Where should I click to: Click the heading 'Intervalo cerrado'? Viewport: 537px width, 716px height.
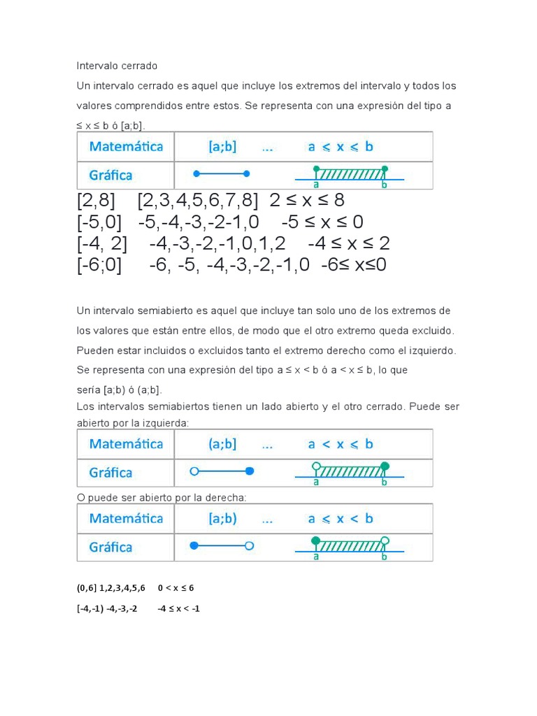[x=117, y=66]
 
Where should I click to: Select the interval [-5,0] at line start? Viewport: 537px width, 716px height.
[x=99, y=222]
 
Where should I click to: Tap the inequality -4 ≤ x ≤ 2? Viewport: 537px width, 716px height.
[x=348, y=244]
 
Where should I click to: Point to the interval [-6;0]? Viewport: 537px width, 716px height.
[x=99, y=266]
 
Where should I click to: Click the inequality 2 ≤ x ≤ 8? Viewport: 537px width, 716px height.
[x=307, y=201]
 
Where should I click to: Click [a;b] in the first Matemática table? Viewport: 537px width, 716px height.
[x=222, y=147]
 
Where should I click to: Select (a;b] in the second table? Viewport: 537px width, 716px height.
[x=222, y=444]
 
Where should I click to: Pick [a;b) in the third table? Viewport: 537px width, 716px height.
[x=222, y=519]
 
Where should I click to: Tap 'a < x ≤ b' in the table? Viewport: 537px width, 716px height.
[x=341, y=444]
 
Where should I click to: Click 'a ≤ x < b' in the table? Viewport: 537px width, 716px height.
[x=341, y=519]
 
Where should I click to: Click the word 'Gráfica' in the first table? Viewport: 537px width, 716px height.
[x=110, y=175]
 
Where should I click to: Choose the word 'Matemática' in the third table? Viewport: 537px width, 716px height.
[x=126, y=519]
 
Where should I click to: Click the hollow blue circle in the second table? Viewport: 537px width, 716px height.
[x=195, y=471]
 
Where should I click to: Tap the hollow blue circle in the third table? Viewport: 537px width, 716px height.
[x=249, y=545]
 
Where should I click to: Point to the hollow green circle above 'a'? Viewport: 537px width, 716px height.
[x=317, y=466]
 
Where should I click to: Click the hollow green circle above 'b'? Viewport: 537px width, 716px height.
[x=383, y=540]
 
